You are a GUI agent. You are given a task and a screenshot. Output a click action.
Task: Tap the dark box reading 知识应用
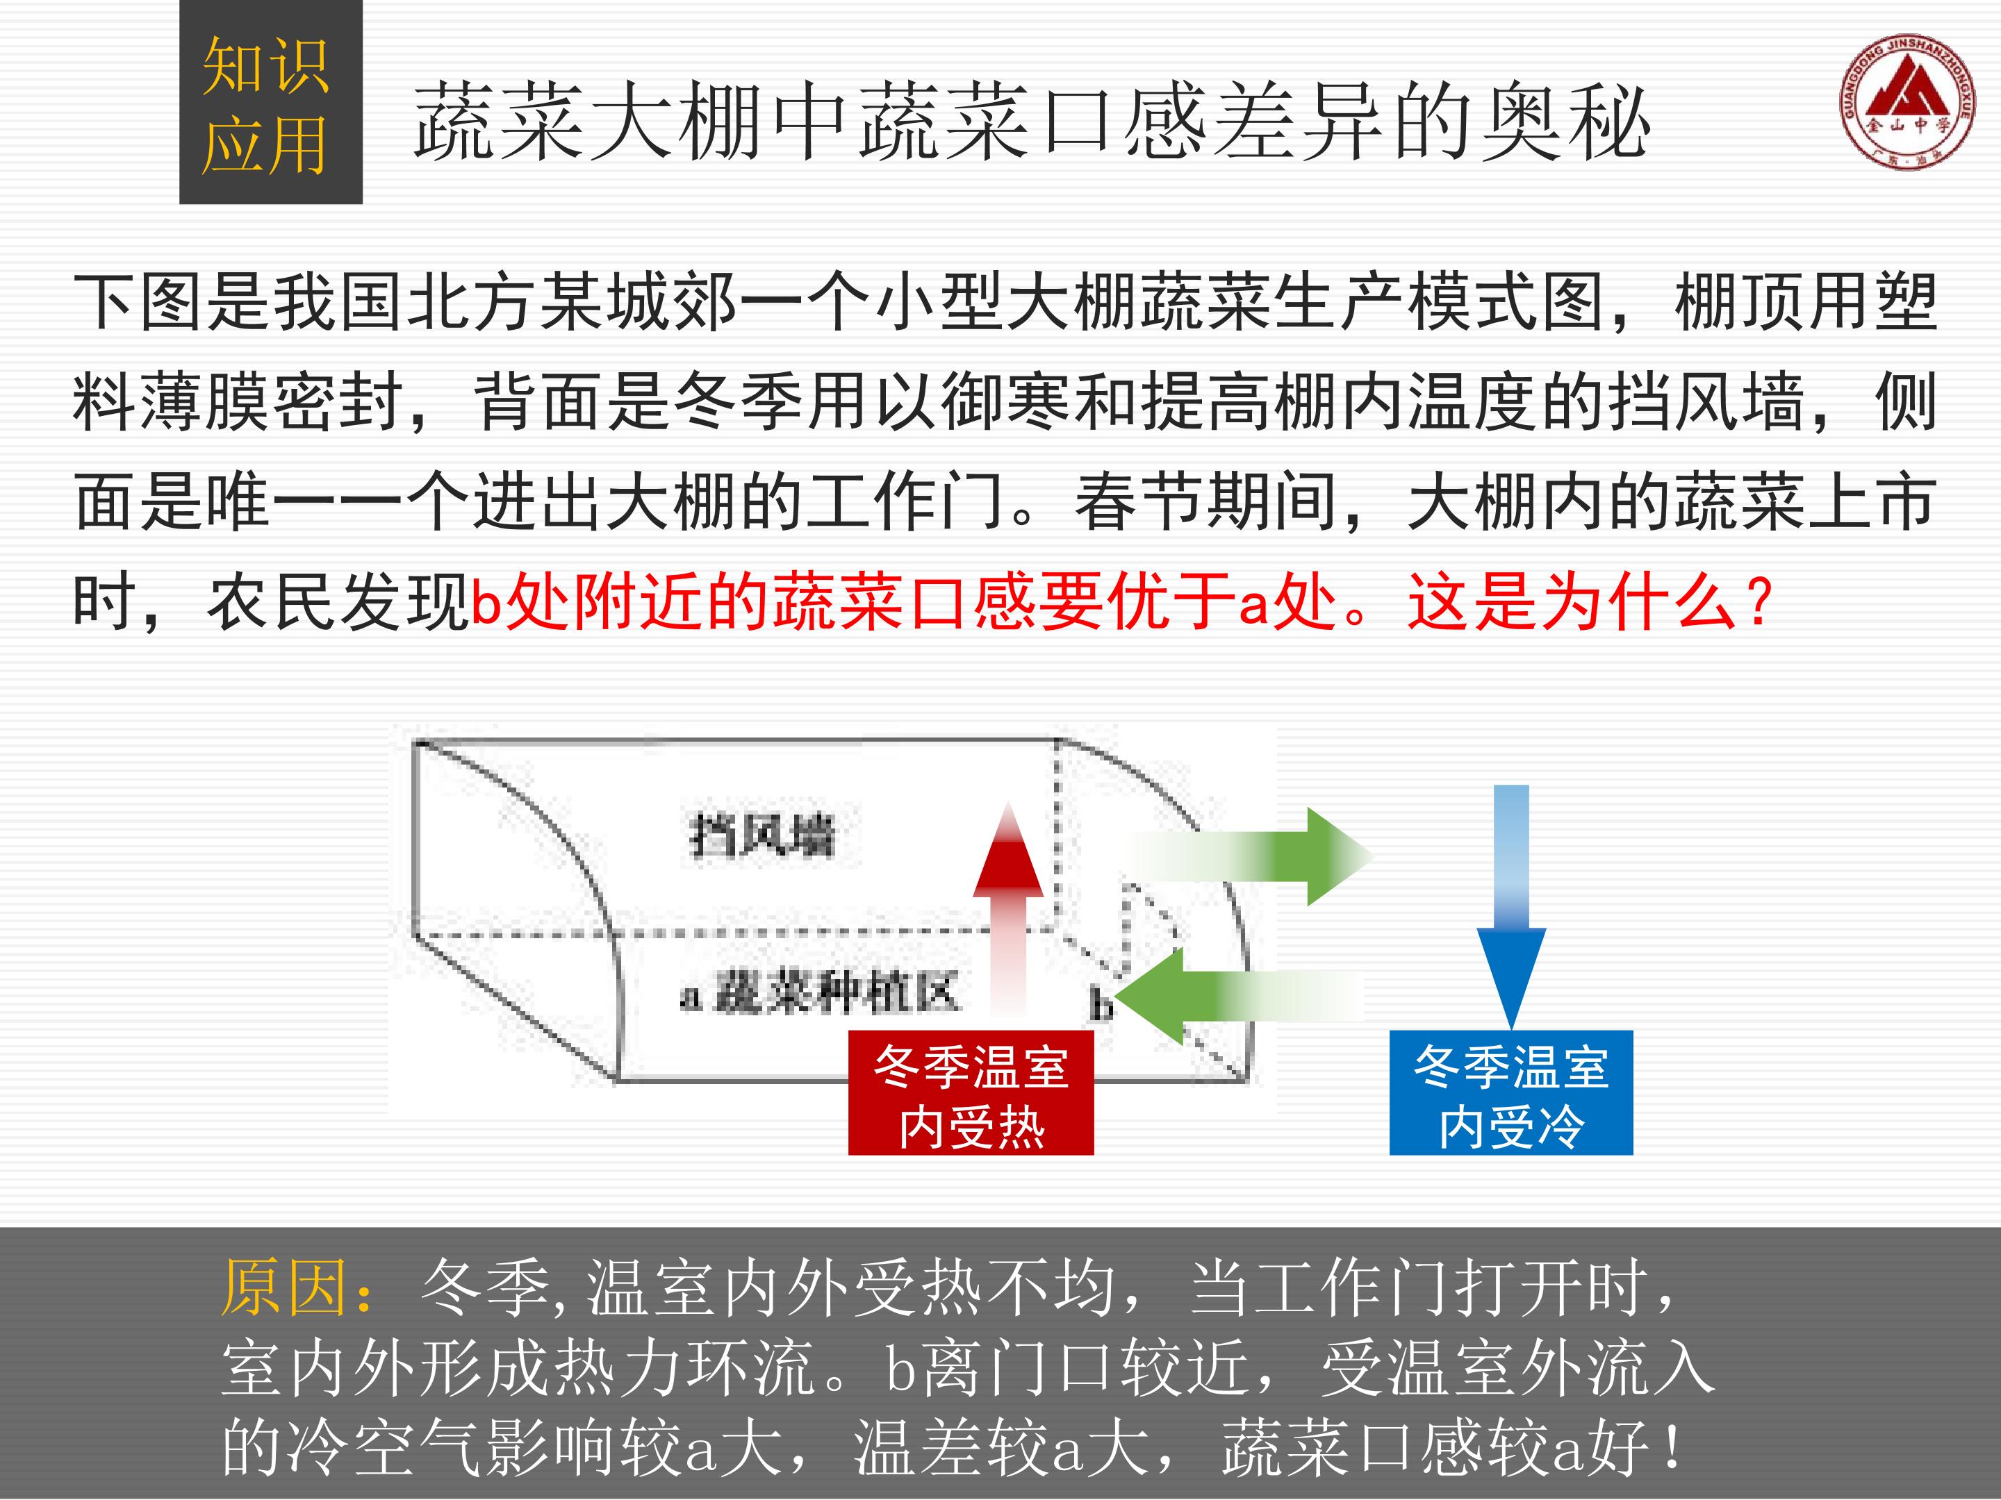coord(270,102)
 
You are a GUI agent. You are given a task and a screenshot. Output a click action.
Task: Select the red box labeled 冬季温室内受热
coord(971,1093)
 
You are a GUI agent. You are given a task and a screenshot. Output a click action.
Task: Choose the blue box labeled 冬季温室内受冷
coord(1510,1093)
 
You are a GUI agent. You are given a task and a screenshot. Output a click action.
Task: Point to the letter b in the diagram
coord(1100,1005)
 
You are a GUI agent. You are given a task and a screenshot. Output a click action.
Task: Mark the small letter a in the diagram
coord(691,997)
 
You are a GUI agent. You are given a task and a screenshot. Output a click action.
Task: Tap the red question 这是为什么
coord(1572,602)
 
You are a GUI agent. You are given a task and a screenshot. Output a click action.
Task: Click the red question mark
coord(1759,603)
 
